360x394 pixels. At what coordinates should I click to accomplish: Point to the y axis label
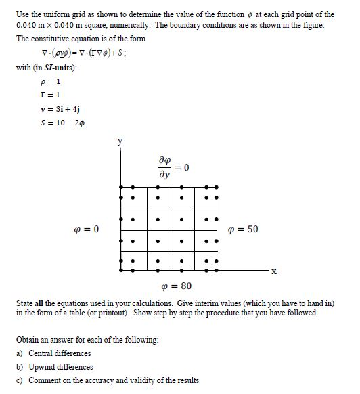[x=120, y=142]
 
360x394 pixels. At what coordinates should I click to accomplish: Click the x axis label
[x=273, y=272]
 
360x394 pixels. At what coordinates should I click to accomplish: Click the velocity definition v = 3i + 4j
[x=61, y=108]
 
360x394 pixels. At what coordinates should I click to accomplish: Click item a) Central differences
[x=53, y=353]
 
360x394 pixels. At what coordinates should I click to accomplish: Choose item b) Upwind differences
[x=54, y=367]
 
